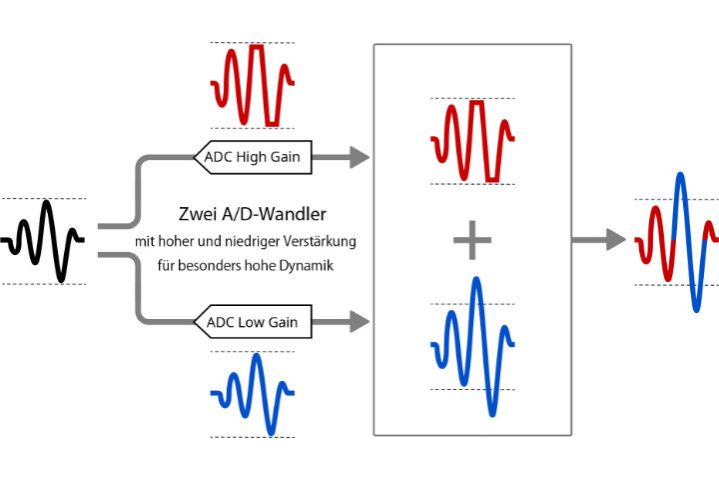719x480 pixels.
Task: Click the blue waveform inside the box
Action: [472, 345]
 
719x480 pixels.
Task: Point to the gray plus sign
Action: [472, 241]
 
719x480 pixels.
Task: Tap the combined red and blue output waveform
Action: [677, 241]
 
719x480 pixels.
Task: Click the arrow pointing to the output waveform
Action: [599, 240]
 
